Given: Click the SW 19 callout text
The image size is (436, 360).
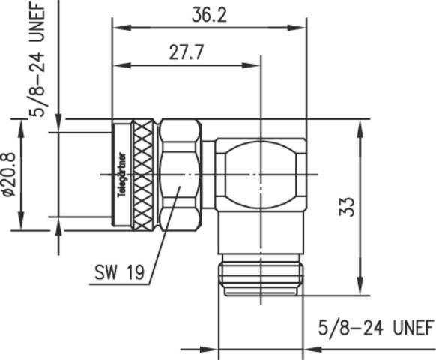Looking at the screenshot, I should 120,271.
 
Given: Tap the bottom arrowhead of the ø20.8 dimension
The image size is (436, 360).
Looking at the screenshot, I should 20,226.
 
